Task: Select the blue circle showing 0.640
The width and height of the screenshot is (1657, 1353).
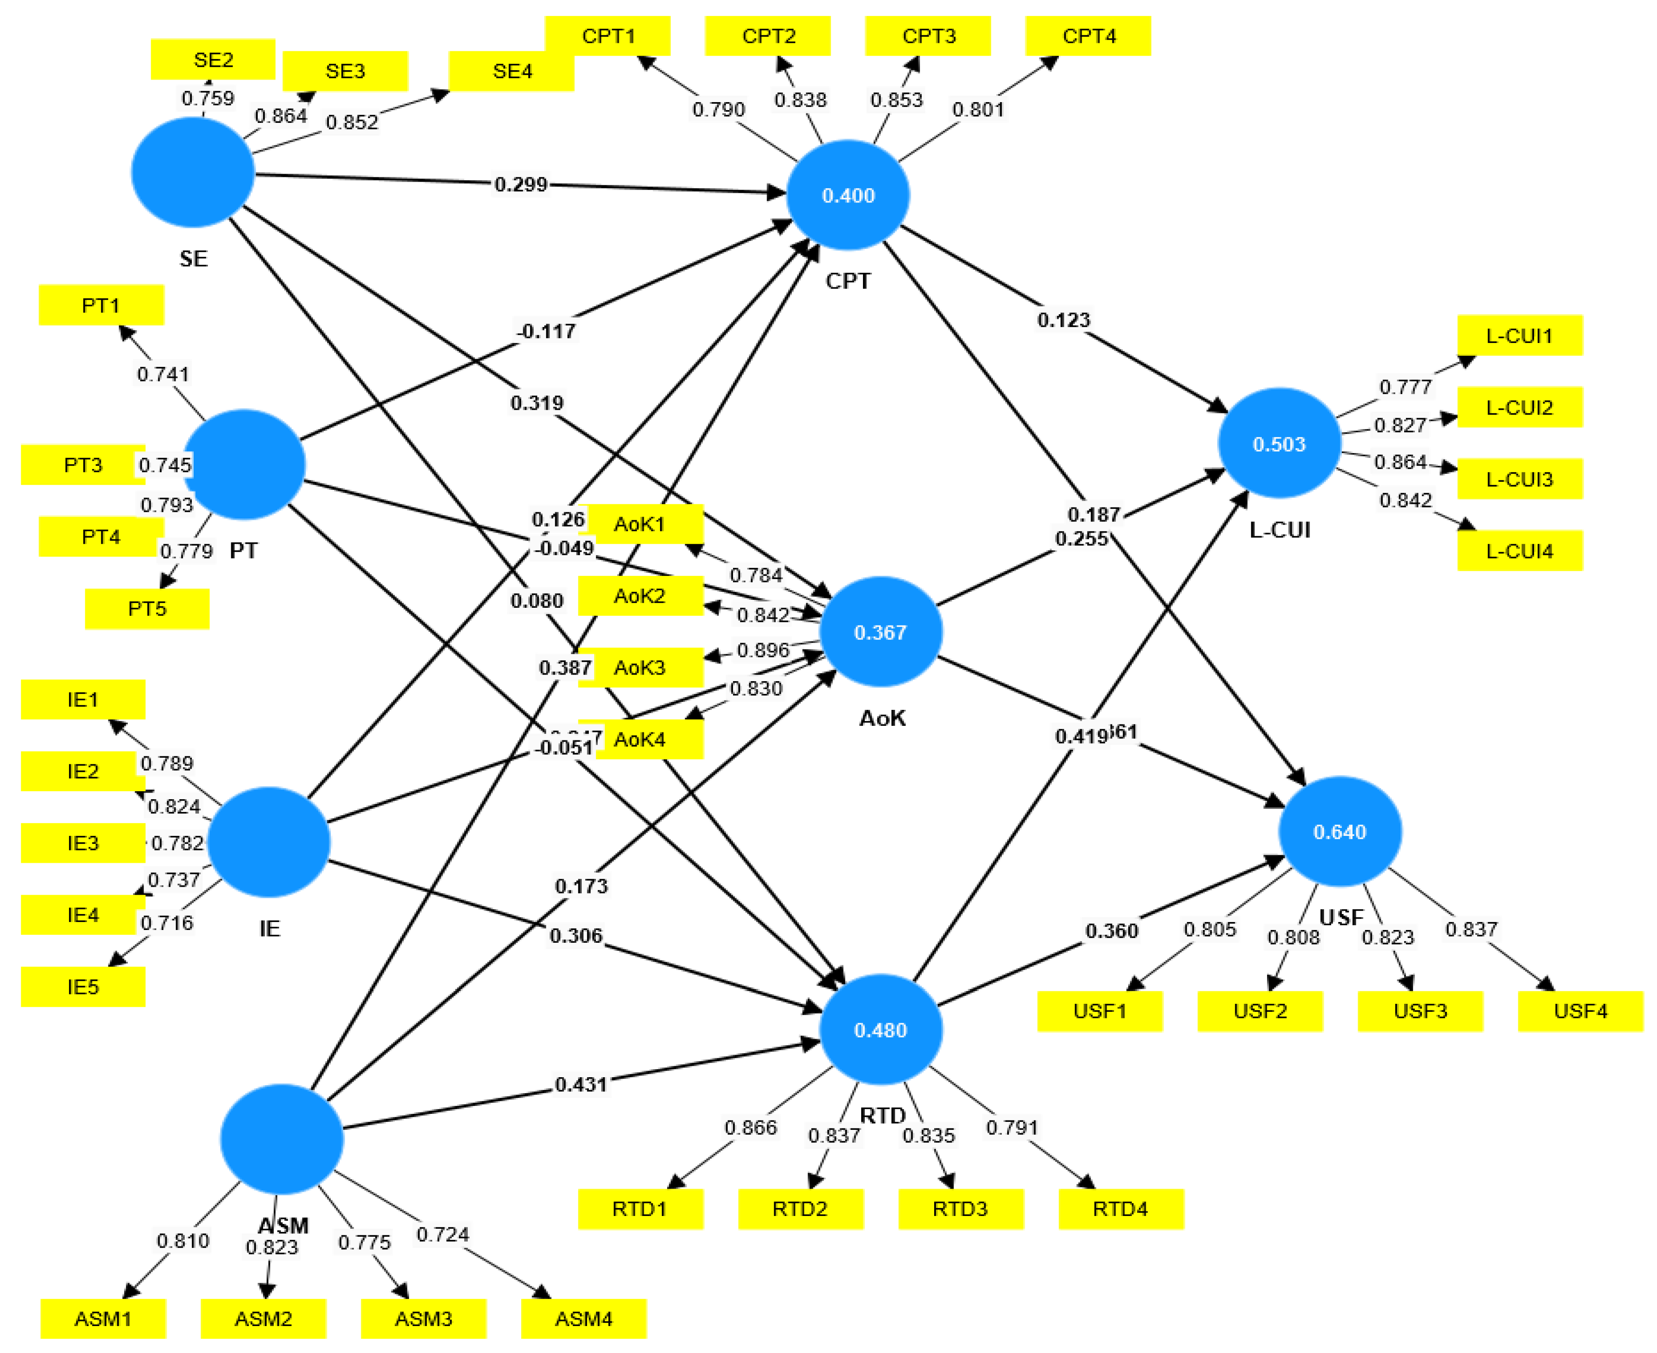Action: (x=1340, y=831)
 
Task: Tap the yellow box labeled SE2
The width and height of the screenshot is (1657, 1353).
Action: (x=213, y=59)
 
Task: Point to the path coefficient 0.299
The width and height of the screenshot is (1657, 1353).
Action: (x=521, y=185)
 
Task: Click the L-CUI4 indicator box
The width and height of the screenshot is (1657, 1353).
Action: (x=1519, y=551)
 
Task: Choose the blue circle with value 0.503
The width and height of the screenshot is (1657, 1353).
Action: (x=1279, y=443)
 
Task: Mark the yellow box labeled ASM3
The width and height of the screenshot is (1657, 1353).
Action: (x=423, y=1319)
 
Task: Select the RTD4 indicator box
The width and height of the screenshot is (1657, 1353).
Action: (x=1120, y=1209)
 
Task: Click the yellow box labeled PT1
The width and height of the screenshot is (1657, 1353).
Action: (x=100, y=305)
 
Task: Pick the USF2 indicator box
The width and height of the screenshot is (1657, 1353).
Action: (x=1260, y=1011)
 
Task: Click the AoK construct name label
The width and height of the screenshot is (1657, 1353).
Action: (x=882, y=718)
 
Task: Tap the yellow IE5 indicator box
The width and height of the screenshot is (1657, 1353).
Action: (x=83, y=987)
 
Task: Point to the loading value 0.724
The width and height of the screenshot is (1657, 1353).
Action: (x=443, y=1234)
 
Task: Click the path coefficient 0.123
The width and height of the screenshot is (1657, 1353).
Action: (x=1063, y=320)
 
